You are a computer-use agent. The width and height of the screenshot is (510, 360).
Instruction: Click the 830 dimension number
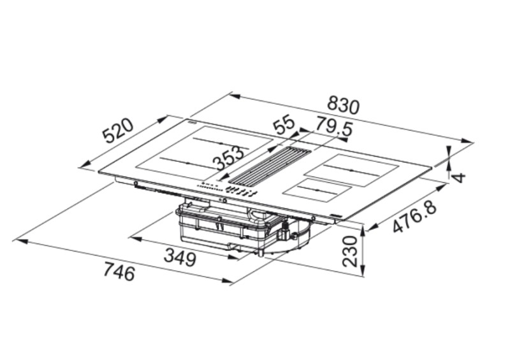point(343,105)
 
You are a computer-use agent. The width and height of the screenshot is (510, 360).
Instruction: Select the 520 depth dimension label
point(118,133)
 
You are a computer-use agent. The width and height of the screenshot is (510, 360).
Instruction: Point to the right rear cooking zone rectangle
point(351,168)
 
